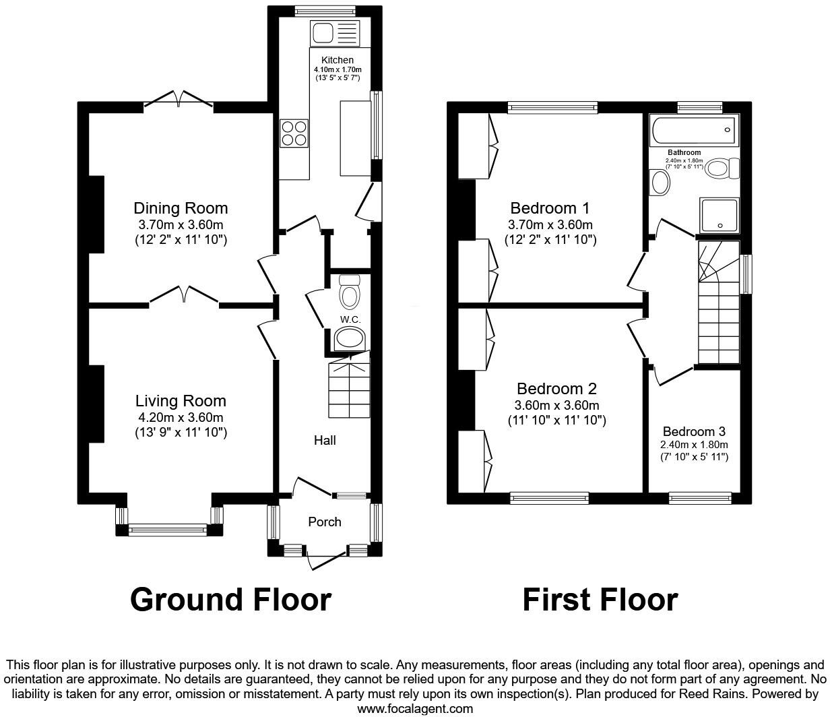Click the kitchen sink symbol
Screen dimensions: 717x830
pos(336,33)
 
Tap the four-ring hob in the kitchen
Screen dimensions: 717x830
pos(294,133)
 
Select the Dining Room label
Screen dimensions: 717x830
pos(181,208)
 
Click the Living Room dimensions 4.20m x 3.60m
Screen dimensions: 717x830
pos(181,418)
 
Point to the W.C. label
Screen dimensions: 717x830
pos(348,319)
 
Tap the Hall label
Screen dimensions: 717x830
pos(325,440)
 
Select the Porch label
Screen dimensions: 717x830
pos(325,522)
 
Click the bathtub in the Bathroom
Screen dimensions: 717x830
pos(694,130)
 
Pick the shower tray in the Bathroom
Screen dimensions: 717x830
pos(720,214)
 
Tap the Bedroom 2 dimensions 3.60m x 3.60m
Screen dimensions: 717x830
pos(556,405)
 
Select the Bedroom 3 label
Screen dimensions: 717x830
pos(694,431)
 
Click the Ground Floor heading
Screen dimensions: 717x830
pos(230,600)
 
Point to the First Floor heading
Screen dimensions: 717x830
pos(600,600)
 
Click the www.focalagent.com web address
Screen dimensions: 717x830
pos(415,708)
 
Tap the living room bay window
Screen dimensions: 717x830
pos(168,530)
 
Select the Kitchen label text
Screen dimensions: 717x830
pos(338,60)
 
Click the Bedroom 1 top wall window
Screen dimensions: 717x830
pos(552,106)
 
